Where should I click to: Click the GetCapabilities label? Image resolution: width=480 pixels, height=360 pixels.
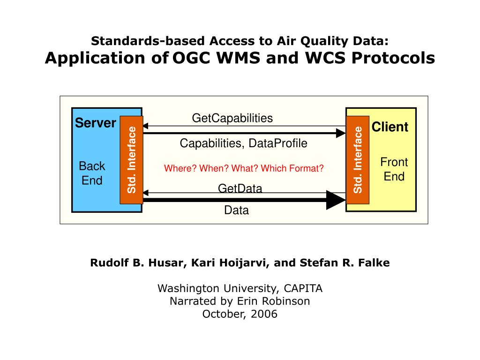point(232,118)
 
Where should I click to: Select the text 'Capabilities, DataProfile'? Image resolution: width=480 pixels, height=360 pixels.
point(243,143)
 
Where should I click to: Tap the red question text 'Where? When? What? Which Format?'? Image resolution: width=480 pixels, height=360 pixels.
point(244,168)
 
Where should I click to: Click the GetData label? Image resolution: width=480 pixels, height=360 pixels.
point(240,188)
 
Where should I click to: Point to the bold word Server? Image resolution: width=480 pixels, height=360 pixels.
point(96,123)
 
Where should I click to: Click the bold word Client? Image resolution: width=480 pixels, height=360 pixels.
point(390,127)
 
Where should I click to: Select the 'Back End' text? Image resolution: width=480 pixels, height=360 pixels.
point(92,173)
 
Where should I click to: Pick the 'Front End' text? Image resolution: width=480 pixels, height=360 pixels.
point(394,169)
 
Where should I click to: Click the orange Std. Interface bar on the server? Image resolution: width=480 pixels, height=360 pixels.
point(131,159)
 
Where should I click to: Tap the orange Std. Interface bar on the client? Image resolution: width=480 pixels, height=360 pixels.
point(358,159)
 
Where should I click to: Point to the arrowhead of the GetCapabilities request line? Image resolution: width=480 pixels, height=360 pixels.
point(145,126)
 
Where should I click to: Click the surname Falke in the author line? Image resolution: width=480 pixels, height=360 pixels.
point(374,263)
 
